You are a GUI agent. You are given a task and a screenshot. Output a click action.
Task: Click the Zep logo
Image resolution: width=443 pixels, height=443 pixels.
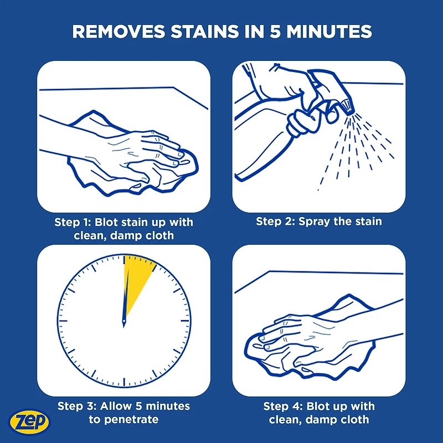tap(29, 422)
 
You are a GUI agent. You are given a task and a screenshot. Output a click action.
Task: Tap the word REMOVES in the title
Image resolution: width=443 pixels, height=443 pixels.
tap(119, 32)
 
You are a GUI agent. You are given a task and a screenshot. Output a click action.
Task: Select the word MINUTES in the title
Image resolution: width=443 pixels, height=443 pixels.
tap(329, 32)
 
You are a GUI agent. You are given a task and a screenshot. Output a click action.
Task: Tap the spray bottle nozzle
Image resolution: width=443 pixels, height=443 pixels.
tap(347, 107)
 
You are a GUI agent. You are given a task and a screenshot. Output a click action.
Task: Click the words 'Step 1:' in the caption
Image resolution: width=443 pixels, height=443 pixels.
tap(73, 223)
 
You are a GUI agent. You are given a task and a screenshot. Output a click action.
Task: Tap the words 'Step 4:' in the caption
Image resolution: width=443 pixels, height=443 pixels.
tap(283, 406)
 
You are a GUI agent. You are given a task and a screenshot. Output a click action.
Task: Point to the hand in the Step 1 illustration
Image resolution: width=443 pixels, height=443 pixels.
tap(136, 158)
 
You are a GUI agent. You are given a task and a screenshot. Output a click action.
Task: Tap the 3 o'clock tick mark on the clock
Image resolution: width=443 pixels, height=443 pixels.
tap(185, 321)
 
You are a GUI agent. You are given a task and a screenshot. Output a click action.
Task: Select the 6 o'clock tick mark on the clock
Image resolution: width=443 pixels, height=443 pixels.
tap(124, 382)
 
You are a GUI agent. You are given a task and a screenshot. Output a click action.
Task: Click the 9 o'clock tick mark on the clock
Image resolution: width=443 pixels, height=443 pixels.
tap(63, 321)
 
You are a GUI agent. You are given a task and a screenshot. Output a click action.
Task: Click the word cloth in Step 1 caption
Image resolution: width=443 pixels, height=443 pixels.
tap(159, 236)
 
